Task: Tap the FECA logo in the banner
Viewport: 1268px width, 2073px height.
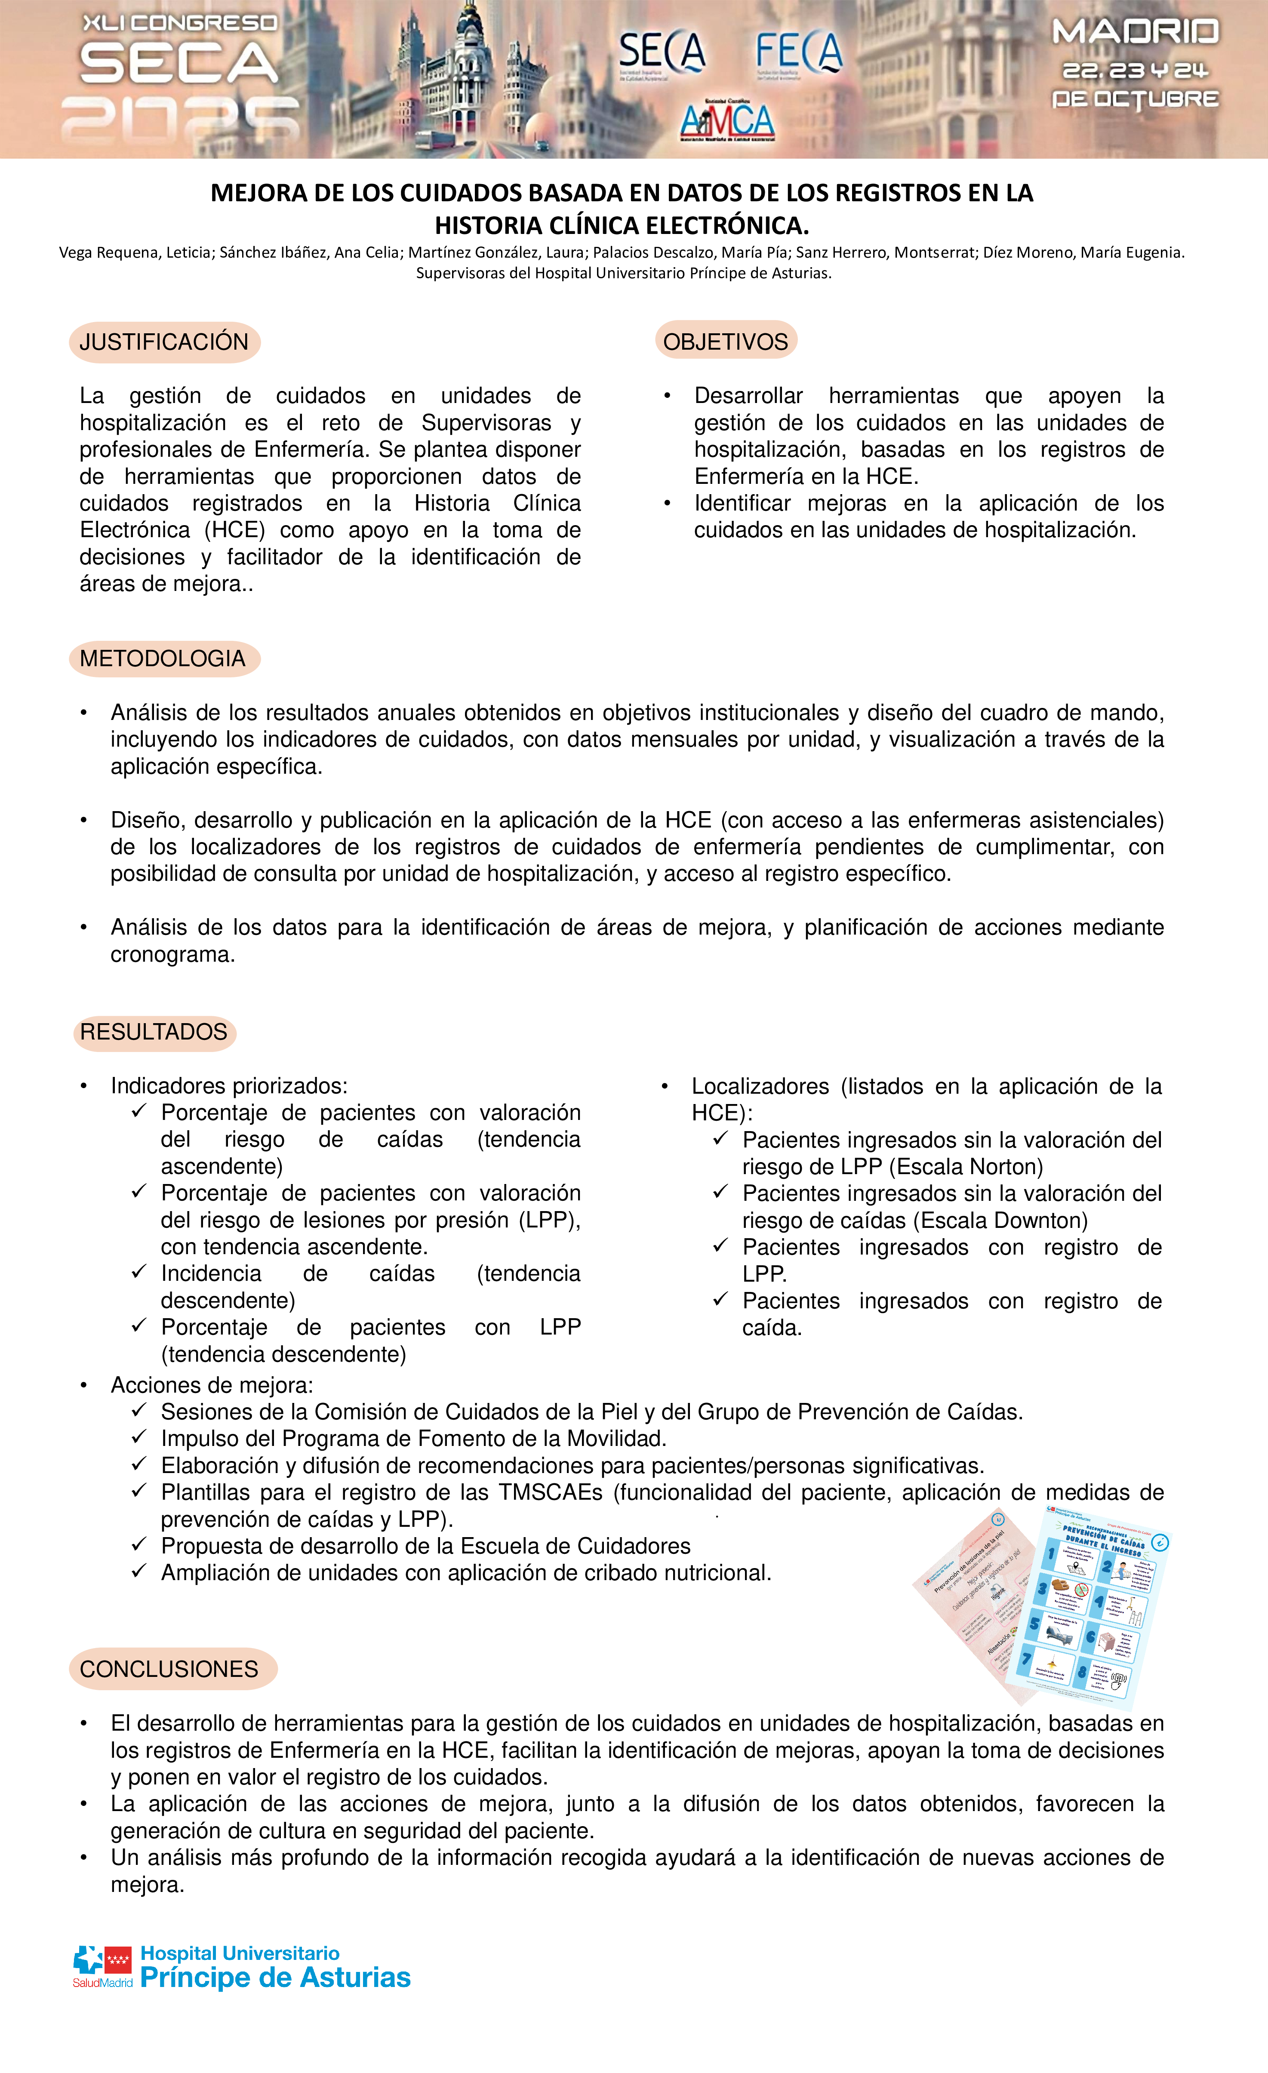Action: point(798,52)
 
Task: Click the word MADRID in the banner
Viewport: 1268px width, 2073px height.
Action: point(1135,32)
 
